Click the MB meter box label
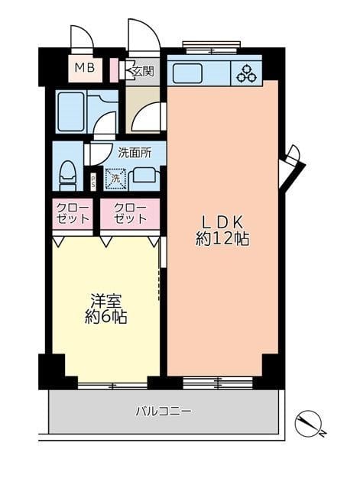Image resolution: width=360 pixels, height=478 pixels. (85, 68)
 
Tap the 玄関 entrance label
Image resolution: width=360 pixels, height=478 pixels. (142, 71)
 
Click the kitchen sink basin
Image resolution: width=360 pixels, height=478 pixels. (187, 73)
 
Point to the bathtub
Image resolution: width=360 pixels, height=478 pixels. (71, 112)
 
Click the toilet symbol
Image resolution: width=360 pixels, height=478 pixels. (68, 176)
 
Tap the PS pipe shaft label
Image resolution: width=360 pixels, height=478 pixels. (93, 182)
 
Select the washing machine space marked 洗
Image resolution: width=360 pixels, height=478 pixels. (115, 179)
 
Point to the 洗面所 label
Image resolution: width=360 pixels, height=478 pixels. (135, 153)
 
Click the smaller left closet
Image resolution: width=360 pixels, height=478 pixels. (73, 214)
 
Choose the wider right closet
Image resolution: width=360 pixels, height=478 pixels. (130, 214)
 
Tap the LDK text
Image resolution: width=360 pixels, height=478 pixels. (223, 222)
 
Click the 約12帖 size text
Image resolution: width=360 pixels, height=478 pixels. (222, 239)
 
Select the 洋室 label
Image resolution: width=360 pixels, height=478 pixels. (106, 301)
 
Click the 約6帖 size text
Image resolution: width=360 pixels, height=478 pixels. (106, 318)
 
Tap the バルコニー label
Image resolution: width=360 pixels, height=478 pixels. (164, 412)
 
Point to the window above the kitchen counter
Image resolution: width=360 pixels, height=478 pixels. (212, 48)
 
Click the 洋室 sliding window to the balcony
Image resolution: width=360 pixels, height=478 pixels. (112, 386)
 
